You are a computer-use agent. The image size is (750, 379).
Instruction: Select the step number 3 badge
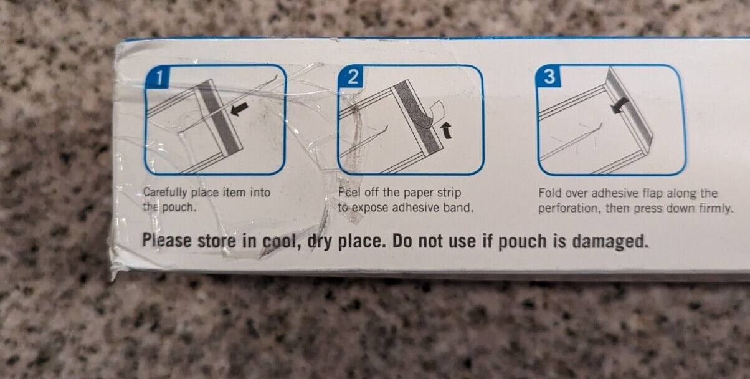click(x=548, y=77)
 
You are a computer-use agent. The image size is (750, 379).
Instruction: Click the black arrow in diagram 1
click(x=239, y=109)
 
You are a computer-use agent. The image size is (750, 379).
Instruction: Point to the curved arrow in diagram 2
click(x=446, y=130)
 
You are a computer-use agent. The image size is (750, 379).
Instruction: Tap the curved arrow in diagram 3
click(x=619, y=105)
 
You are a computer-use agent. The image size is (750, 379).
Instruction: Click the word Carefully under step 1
click(x=165, y=193)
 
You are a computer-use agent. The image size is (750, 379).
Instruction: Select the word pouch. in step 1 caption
click(x=178, y=208)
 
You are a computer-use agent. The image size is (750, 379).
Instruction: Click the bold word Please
click(x=167, y=241)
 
